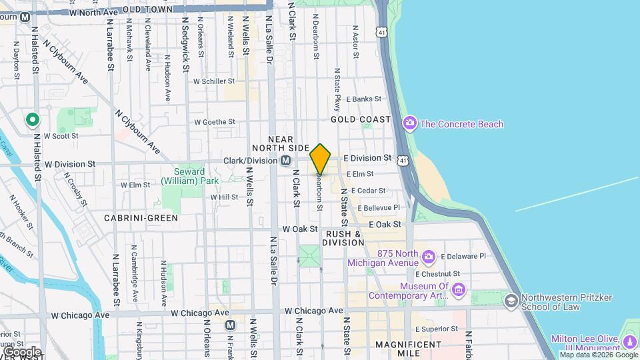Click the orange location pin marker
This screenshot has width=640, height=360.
(x=320, y=159)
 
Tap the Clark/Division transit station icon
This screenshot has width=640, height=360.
(x=285, y=161)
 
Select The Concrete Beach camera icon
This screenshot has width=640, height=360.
(x=409, y=123)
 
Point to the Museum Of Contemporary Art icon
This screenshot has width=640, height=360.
(x=458, y=290)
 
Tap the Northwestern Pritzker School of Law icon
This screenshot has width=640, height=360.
(x=511, y=301)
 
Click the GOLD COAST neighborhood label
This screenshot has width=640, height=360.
(x=361, y=119)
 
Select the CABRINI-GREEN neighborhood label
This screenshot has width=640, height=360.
(x=141, y=218)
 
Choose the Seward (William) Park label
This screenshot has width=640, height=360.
(x=190, y=175)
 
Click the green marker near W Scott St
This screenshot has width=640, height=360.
(x=32, y=120)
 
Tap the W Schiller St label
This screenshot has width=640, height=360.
(x=214, y=81)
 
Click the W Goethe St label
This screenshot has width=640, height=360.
(x=215, y=122)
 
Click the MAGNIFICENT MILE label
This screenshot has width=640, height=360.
(x=409, y=345)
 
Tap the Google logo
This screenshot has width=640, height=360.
(x=22, y=351)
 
